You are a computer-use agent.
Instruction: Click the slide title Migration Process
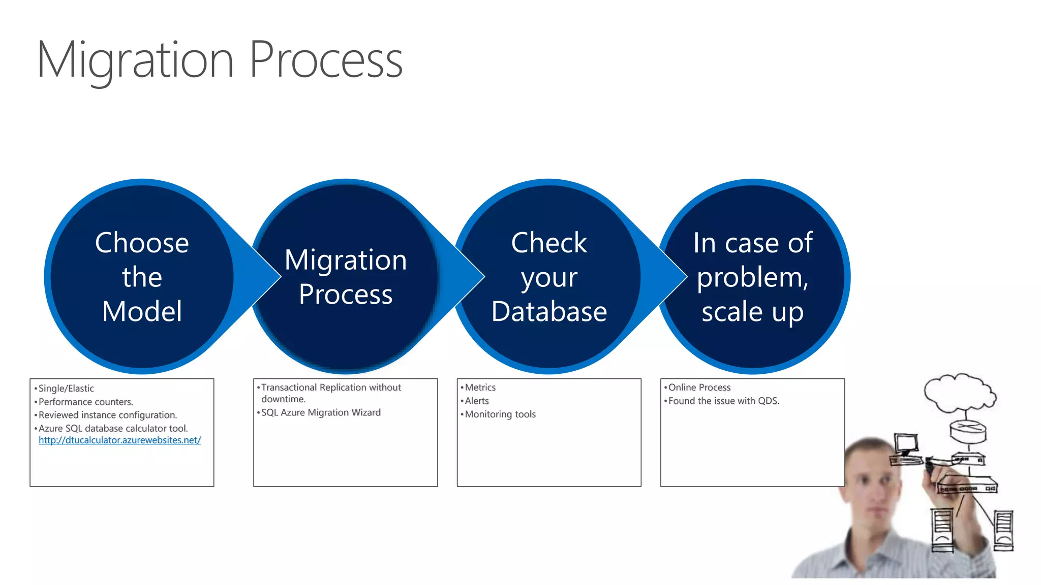pyautogui.click(x=220, y=60)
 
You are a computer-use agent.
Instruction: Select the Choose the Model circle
pyautogui.click(x=142, y=277)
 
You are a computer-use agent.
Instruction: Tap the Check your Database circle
pyautogui.click(x=549, y=277)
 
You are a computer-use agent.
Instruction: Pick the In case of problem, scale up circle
pyautogui.click(x=753, y=277)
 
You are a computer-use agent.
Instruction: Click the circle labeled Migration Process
pyautogui.click(x=346, y=277)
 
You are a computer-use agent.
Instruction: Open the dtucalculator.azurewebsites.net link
pyautogui.click(x=119, y=440)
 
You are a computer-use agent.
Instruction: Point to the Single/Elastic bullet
pyautogui.click(x=66, y=388)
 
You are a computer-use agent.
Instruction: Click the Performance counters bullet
pyautogui.click(x=85, y=402)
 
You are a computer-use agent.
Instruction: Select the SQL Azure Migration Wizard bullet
pyautogui.click(x=320, y=412)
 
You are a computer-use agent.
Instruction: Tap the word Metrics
pyautogui.click(x=480, y=387)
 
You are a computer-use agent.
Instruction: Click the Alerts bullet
pyautogui.click(x=476, y=401)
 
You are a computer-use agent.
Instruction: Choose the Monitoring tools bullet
pyautogui.click(x=500, y=414)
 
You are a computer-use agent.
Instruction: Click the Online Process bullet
pyautogui.click(x=699, y=387)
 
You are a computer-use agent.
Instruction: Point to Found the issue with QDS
pyautogui.click(x=723, y=401)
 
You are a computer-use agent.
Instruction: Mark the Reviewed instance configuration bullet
pyautogui.click(x=107, y=415)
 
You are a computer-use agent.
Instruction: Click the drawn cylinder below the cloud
pyautogui.click(x=968, y=431)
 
